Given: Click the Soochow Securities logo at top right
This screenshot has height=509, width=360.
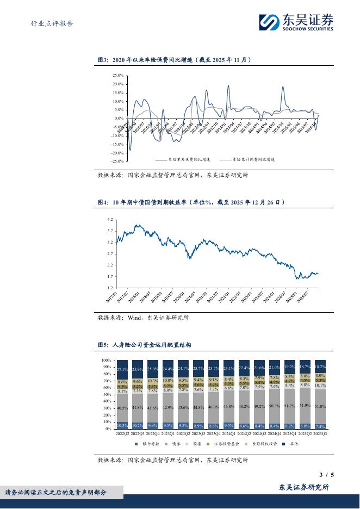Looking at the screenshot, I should pyautogui.click(x=295, y=22).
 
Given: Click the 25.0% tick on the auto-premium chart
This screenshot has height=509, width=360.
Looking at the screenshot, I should pyautogui.click(x=118, y=76).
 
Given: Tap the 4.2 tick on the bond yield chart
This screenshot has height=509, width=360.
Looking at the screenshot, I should pyautogui.click(x=110, y=219).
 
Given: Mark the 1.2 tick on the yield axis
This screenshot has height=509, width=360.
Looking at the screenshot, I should pyautogui.click(x=110, y=288).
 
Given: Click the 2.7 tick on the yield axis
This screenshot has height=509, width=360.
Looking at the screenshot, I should pyautogui.click(x=110, y=253).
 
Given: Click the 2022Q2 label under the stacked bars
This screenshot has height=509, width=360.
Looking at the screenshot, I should pyautogui.click(x=123, y=433).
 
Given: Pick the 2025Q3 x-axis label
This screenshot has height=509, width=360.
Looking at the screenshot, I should pyautogui.click(x=321, y=433).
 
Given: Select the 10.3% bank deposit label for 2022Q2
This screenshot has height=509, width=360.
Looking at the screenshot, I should pyautogui.click(x=123, y=425).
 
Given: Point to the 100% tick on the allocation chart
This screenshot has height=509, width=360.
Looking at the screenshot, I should pyautogui.click(x=107, y=360).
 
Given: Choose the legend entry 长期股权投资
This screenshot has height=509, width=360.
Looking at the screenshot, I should pyautogui.click(x=265, y=444).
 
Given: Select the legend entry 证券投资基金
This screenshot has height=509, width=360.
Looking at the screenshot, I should pyautogui.click(x=227, y=444).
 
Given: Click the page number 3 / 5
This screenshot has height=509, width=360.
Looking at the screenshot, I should pyautogui.click(x=326, y=475).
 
